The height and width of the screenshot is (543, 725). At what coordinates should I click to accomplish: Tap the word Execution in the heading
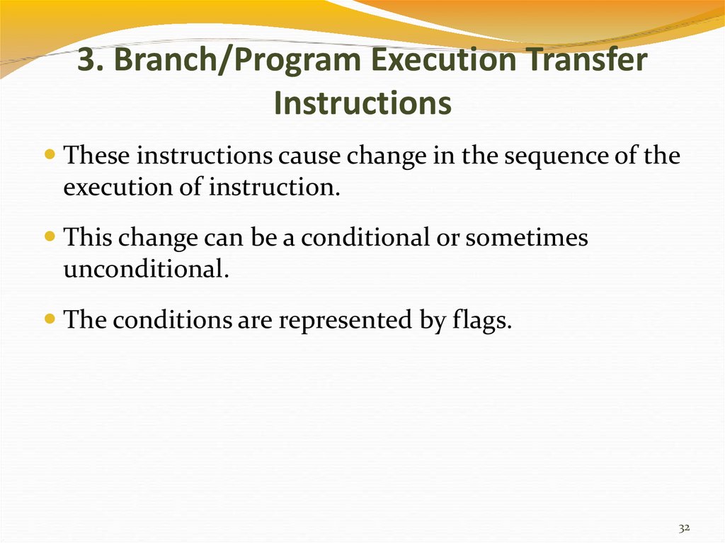(x=444, y=59)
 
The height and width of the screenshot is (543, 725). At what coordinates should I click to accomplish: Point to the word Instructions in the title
(x=362, y=103)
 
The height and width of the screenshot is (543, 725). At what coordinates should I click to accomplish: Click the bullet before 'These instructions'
(x=50, y=153)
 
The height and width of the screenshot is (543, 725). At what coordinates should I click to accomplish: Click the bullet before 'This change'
(x=50, y=236)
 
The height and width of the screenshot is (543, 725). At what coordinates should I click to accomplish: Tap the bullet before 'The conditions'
(x=50, y=318)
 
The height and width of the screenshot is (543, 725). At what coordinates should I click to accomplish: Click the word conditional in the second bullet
(x=365, y=237)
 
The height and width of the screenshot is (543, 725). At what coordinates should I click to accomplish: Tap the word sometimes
(x=527, y=238)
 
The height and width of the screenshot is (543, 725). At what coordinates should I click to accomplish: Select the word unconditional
(x=146, y=268)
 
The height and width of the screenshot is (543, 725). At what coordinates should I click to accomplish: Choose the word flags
(x=481, y=320)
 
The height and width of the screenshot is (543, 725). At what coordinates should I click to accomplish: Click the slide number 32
(x=685, y=527)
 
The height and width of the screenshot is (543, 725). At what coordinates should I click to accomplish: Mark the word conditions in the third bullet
(x=173, y=319)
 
